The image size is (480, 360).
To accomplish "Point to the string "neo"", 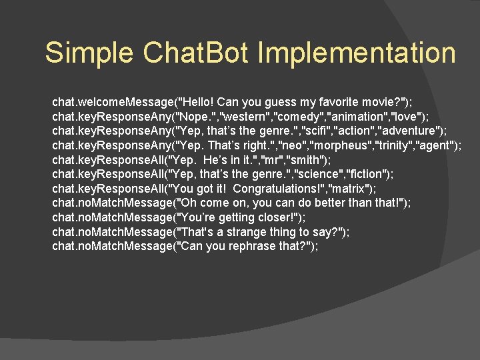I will [291, 146].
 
